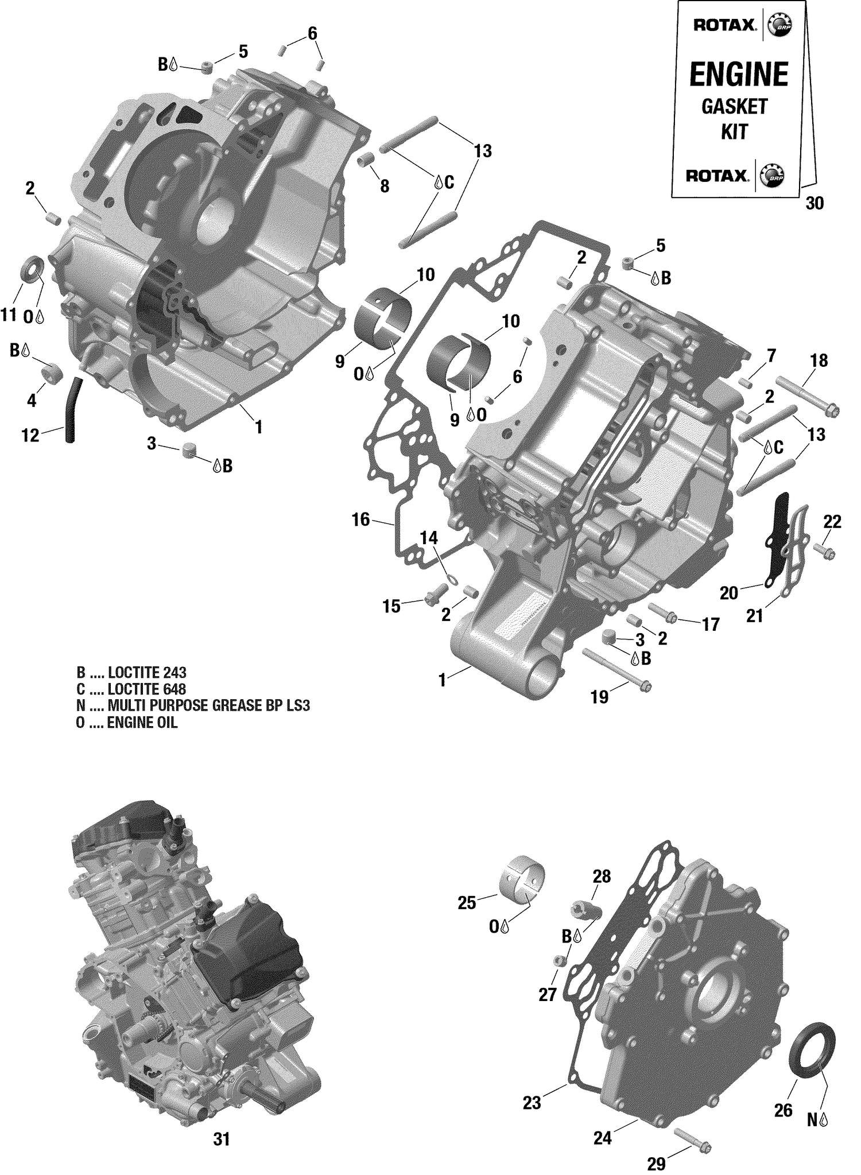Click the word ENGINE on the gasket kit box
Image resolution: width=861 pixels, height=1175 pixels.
click(x=739, y=75)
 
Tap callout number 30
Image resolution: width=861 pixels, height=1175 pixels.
click(x=815, y=203)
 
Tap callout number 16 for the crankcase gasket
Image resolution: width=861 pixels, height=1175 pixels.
click(x=360, y=520)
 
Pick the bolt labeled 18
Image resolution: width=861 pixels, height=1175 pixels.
click(x=807, y=395)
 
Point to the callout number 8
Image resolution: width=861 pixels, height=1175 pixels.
click(x=384, y=186)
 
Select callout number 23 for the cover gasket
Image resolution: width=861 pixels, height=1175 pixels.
click(x=532, y=1103)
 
